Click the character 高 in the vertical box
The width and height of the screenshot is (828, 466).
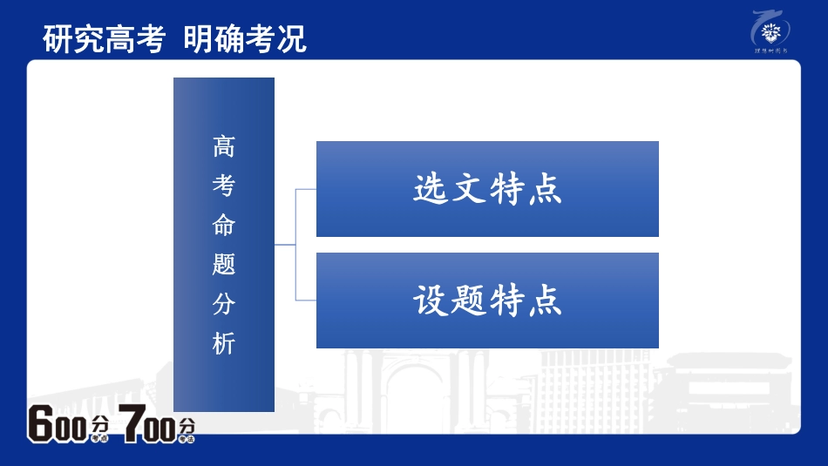coord(224,147)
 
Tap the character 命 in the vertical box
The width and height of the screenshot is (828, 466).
coord(224,226)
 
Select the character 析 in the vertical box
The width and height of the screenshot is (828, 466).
coord(224,344)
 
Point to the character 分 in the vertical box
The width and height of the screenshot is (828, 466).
coord(224,305)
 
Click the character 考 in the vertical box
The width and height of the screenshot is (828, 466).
coord(224,186)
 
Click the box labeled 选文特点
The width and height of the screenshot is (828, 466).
coord(487,189)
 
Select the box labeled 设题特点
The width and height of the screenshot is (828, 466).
coord(487,301)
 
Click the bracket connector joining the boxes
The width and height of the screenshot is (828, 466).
coord(295,245)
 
